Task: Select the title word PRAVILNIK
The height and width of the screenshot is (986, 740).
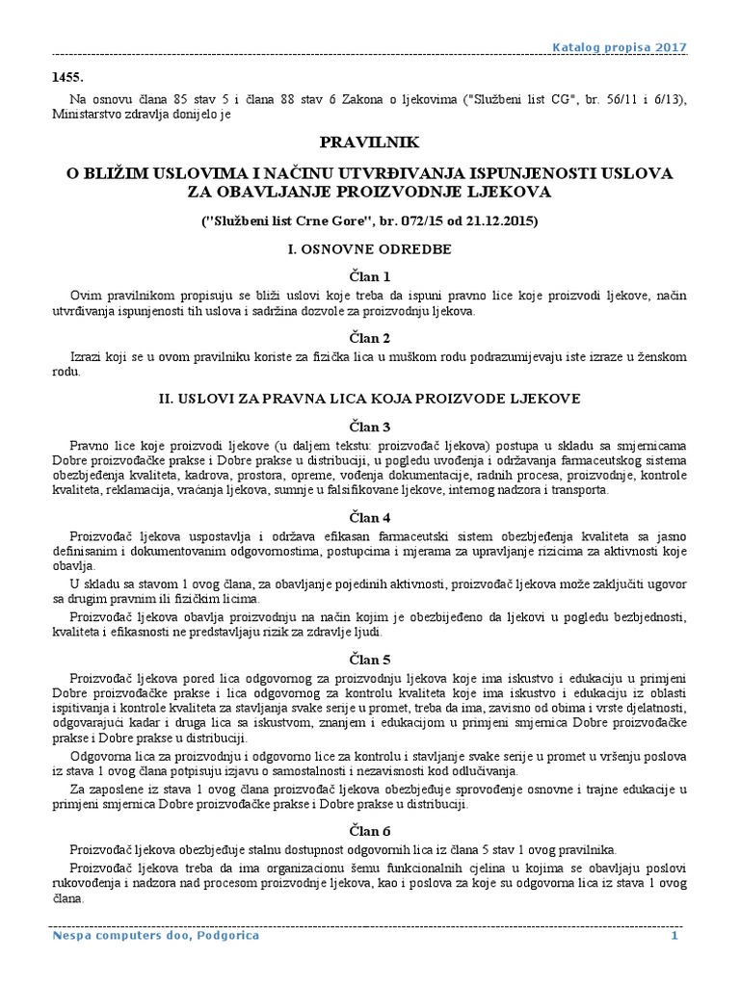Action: point(370,143)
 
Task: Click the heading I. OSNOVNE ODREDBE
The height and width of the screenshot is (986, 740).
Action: point(370,248)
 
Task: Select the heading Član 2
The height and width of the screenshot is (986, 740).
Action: point(370,338)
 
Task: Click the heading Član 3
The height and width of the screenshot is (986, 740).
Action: point(370,427)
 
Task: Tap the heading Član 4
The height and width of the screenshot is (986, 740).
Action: point(370,517)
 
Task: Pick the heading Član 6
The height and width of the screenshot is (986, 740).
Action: point(370,830)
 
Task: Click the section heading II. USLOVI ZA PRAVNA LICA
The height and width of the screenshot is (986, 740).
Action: point(370,398)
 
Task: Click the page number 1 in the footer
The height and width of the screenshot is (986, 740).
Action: point(675,935)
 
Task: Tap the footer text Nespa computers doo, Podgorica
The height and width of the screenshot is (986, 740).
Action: point(154,935)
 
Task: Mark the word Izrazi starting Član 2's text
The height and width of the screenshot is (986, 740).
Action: point(88,357)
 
